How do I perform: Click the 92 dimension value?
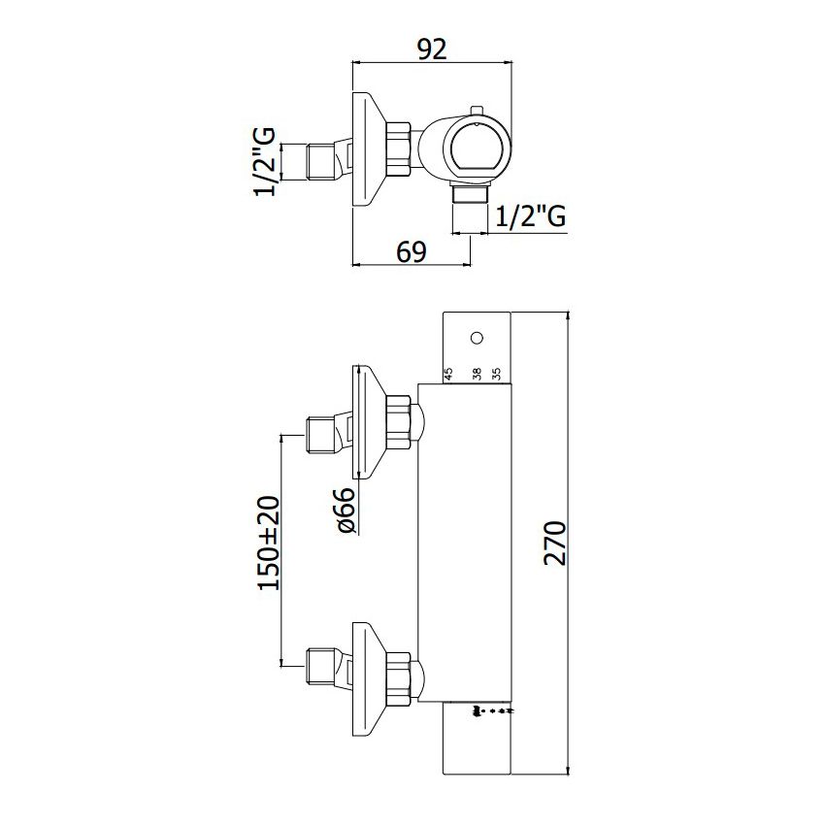(x=432, y=49)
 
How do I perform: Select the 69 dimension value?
(x=412, y=252)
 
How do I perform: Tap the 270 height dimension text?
(x=554, y=543)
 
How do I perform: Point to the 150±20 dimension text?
(x=270, y=543)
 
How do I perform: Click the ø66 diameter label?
(x=346, y=510)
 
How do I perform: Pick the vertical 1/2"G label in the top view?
(x=265, y=161)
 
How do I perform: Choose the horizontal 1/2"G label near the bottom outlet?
(x=531, y=215)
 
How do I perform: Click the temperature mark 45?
(x=448, y=374)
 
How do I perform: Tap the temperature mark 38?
(x=477, y=374)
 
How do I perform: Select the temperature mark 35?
(x=496, y=374)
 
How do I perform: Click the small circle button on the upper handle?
(x=477, y=338)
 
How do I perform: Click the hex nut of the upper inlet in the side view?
(x=398, y=422)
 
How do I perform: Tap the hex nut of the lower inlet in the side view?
(x=398, y=678)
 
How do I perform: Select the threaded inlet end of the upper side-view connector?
(x=319, y=436)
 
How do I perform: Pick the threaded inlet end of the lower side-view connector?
(x=319, y=667)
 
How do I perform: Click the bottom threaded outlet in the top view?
(x=471, y=194)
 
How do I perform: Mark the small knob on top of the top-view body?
(x=477, y=110)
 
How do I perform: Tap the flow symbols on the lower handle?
(x=493, y=711)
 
